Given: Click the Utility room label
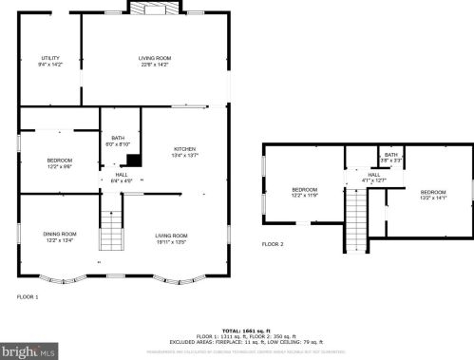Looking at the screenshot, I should (x=49, y=62).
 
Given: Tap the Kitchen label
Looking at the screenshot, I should (x=184, y=152).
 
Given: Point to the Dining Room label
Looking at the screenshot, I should (x=59, y=237).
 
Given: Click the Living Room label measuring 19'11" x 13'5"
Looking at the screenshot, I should (x=172, y=237).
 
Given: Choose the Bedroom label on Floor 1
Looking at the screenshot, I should (x=59, y=163).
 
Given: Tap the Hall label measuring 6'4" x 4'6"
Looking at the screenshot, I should (x=122, y=177).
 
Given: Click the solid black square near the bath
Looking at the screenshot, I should (x=134, y=160).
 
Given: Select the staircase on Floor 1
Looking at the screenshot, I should (x=112, y=229).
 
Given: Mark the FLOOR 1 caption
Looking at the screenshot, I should (x=28, y=297).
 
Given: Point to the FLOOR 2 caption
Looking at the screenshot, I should (x=273, y=244).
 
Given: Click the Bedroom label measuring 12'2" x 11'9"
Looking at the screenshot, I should (x=305, y=193).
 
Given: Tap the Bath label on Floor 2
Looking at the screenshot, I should (x=390, y=158).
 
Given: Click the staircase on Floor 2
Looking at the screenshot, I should (x=357, y=216).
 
